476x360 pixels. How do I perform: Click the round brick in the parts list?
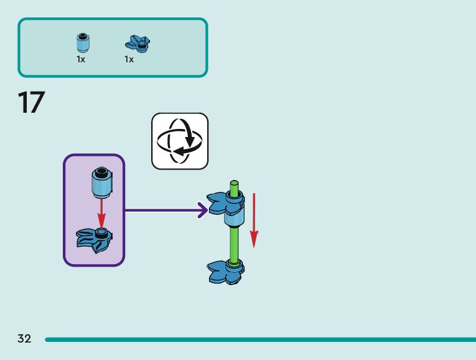tap(82, 43)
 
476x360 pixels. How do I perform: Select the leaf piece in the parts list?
tap(138, 43)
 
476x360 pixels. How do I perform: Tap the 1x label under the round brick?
tap(81, 60)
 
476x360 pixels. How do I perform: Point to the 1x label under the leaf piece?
tap(129, 60)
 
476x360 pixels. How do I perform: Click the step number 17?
tap(31, 103)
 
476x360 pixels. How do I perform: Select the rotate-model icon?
tap(180, 141)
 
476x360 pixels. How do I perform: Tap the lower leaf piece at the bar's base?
tap(226, 272)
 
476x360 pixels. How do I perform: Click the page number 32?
tap(24, 339)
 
